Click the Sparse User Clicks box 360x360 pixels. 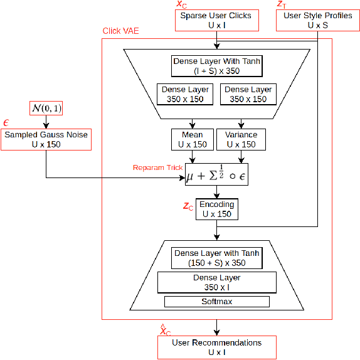point(216,20)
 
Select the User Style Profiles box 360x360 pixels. point(317,20)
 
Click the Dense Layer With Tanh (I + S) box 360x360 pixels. point(216,66)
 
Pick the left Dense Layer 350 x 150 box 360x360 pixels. point(185,95)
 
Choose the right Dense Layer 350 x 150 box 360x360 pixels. point(248,95)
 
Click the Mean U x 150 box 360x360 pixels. point(192,139)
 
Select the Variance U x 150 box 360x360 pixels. point(240,139)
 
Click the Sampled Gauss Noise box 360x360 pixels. point(46,139)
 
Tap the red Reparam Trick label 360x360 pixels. point(157,167)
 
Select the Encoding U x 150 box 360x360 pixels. point(216,209)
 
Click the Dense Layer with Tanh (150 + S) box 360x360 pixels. point(216,258)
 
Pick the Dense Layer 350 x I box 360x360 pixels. point(216,282)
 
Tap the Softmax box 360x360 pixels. point(216,302)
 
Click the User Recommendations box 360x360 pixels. point(216,347)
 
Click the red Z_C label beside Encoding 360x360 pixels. point(188,206)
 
